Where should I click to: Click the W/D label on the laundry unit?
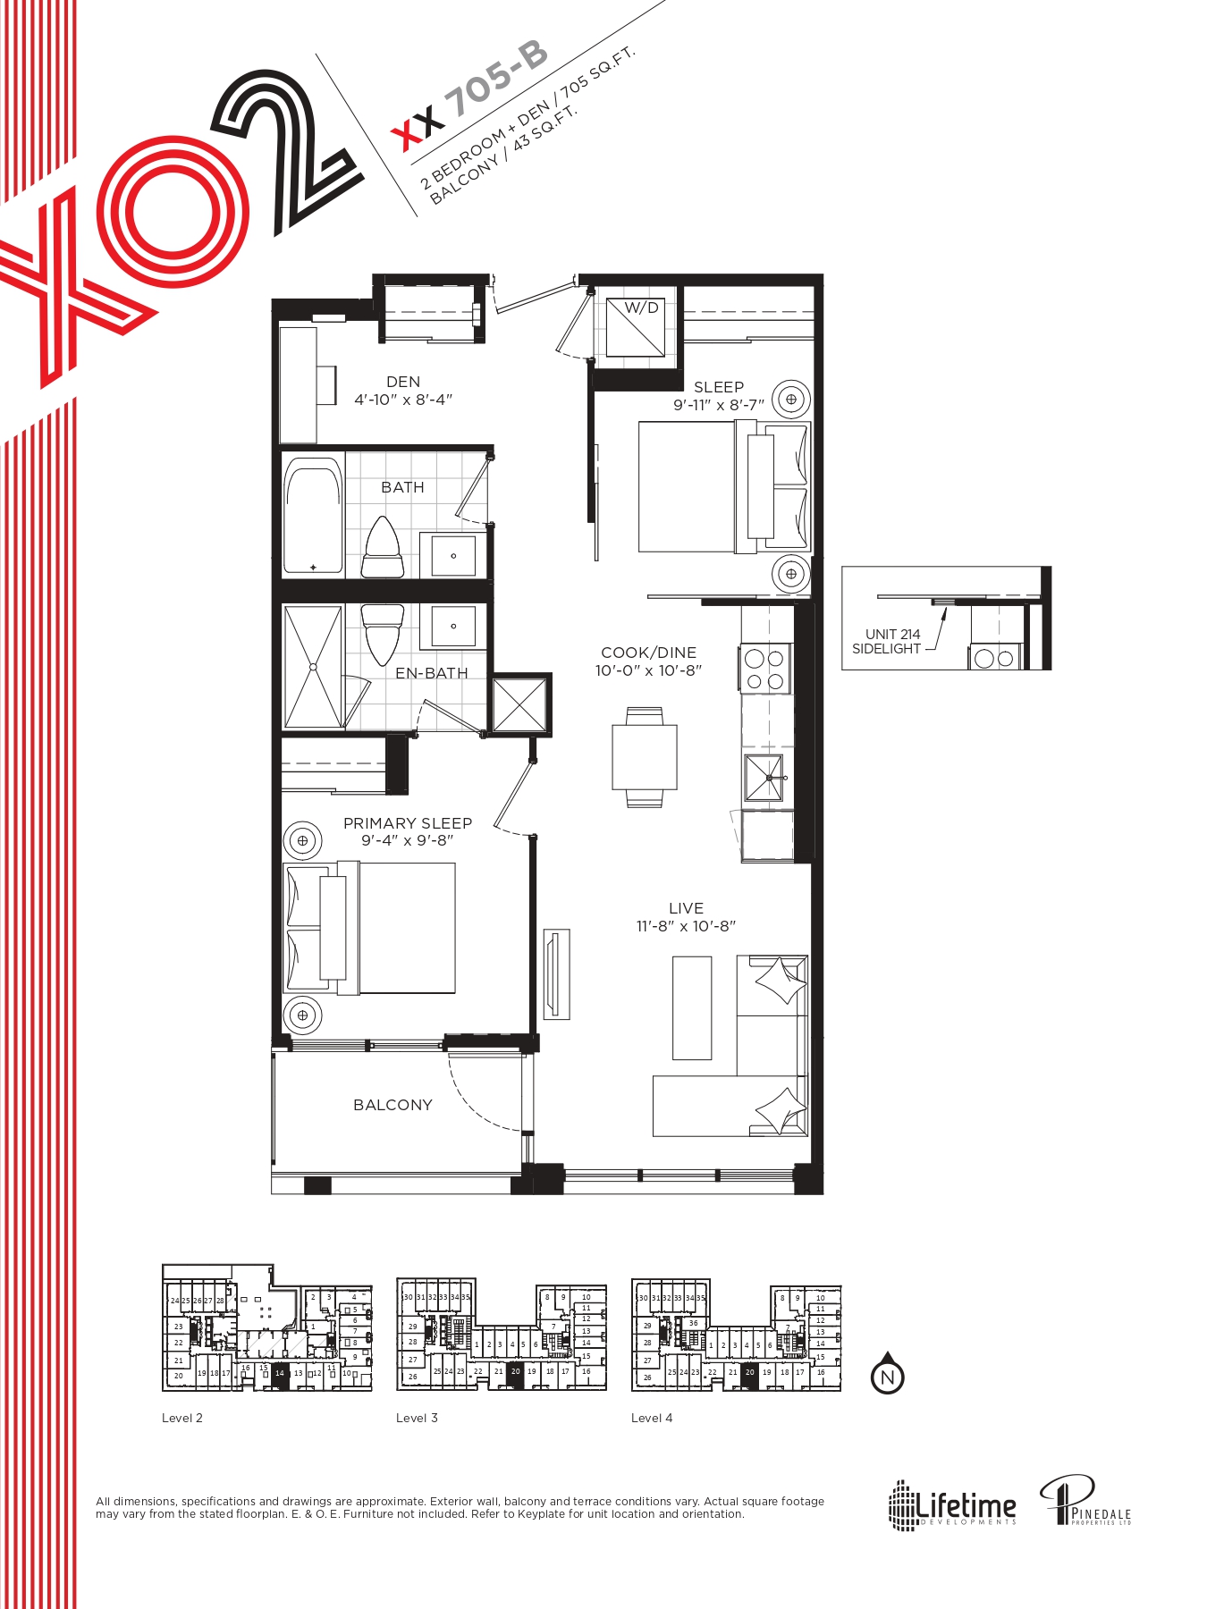pos(641,308)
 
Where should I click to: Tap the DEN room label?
pos(403,382)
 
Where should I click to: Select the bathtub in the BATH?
pos(313,516)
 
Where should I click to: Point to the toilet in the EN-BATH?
pos(383,631)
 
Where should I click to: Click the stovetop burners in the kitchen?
pos(764,670)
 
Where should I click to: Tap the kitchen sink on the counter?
pos(764,777)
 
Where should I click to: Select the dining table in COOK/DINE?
pos(645,757)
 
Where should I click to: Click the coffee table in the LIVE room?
pos(692,1007)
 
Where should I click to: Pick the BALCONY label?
pos(392,1105)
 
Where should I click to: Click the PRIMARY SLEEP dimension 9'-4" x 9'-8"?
pos(408,840)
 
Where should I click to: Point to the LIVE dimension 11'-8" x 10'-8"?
pos(686,926)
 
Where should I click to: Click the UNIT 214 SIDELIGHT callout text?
pos(886,642)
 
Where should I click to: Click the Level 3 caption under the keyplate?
pos(417,1418)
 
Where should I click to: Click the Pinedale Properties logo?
pos(1085,1502)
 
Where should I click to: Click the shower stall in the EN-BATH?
pos(313,666)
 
